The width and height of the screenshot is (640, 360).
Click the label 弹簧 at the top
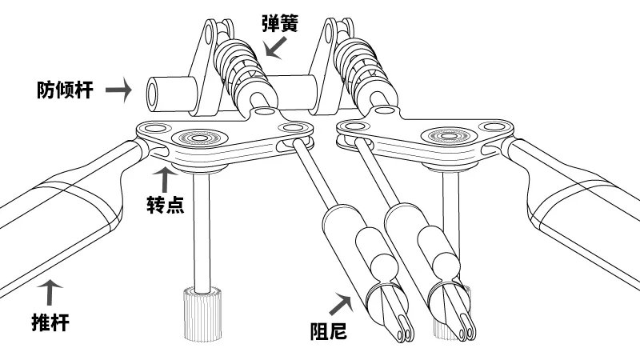coord(280,23)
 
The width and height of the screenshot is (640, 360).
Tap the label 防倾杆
coord(66,90)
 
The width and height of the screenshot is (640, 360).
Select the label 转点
coord(166,204)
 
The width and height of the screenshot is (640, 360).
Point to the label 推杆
coord(50,322)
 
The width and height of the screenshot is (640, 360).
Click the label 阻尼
coord(329,330)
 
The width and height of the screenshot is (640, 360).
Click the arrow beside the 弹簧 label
coord(275,48)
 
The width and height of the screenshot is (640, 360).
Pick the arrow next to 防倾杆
coord(118,90)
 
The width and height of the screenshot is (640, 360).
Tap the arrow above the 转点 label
coord(165,179)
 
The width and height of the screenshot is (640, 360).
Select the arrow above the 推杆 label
coord(50,292)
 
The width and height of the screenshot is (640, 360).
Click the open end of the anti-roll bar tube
coord(153,94)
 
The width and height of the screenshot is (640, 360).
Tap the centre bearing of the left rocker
coord(199,138)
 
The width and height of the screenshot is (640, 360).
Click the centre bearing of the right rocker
coord(449,135)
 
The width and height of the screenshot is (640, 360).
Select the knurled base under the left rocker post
coord(202,314)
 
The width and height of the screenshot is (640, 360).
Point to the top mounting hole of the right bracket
coord(329,33)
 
